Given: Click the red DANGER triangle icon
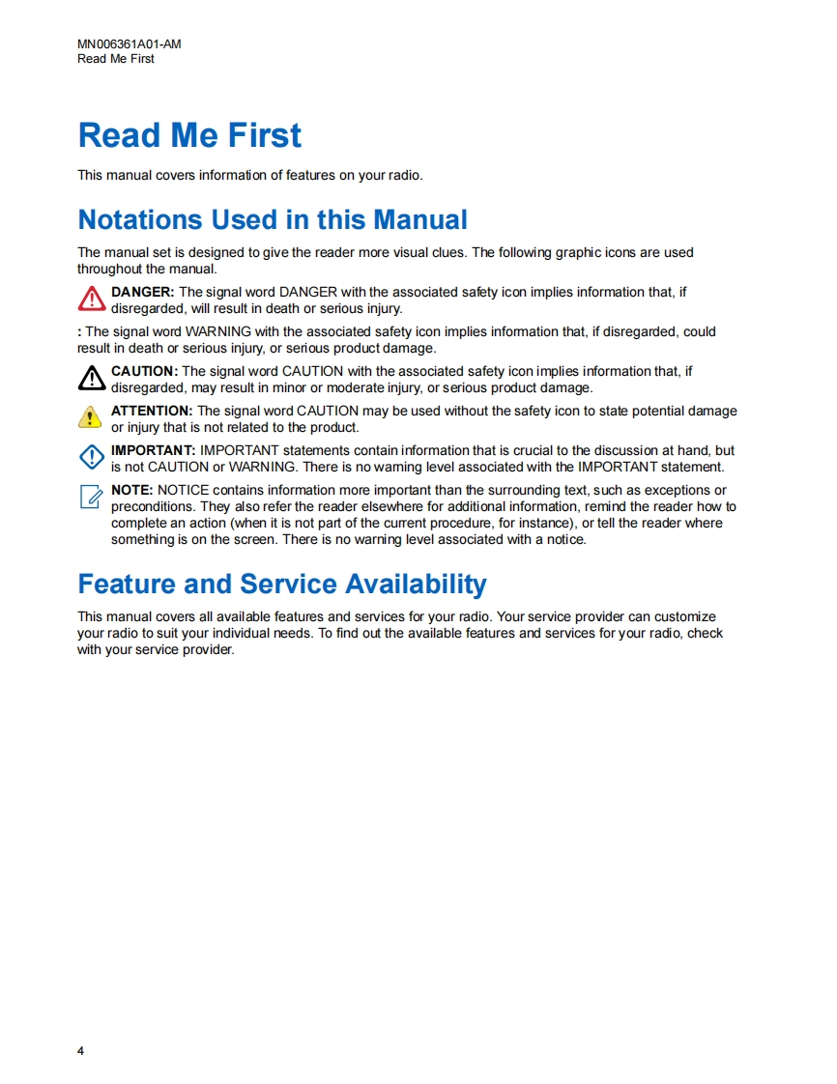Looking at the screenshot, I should [x=91, y=299].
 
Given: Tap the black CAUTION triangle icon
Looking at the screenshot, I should [x=91, y=378].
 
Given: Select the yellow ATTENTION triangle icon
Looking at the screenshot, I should [x=90, y=416].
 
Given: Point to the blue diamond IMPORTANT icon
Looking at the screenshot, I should [x=91, y=457].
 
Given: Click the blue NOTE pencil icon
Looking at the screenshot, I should [x=91, y=497].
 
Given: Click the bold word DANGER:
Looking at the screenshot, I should [x=143, y=292].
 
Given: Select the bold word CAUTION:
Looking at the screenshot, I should [x=145, y=371].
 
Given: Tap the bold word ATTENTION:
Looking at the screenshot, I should [x=152, y=411].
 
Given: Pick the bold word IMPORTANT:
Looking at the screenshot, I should [x=154, y=450].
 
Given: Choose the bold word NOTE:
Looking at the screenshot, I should [x=132, y=490].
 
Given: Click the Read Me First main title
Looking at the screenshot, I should [x=189, y=135].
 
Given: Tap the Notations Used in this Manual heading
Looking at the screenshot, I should [x=273, y=219].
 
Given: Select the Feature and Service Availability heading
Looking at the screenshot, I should [x=282, y=584].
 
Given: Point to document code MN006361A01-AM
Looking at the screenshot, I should [x=130, y=44].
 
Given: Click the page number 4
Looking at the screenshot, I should [x=81, y=1050].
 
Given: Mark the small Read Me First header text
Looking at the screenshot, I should [x=116, y=59].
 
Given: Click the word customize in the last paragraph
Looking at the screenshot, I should [x=684, y=616].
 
